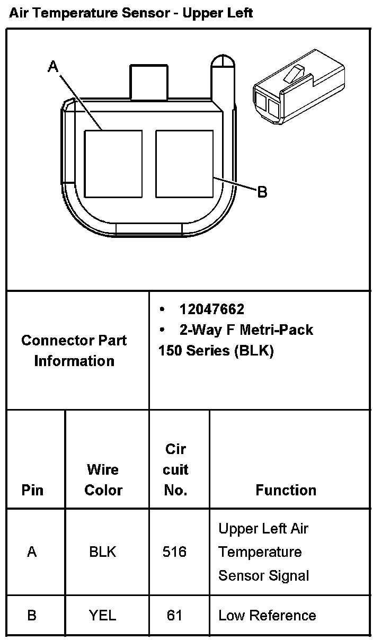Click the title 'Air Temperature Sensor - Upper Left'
click(131, 13)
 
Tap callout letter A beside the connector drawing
click(53, 67)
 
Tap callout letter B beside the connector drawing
click(262, 191)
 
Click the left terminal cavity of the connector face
click(113, 164)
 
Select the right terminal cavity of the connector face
click(184, 164)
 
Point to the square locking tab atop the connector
click(148, 82)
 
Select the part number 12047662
click(211, 309)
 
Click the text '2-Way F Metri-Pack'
click(246, 330)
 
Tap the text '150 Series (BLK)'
click(216, 351)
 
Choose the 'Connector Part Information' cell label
click(74, 351)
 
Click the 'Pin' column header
click(32, 490)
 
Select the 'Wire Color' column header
click(103, 480)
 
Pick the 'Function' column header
click(286, 490)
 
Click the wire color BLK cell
click(103, 552)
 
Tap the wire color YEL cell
click(103, 616)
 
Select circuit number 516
click(175, 552)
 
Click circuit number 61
click(174, 616)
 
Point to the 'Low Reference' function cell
click(267, 616)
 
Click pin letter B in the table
click(32, 616)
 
